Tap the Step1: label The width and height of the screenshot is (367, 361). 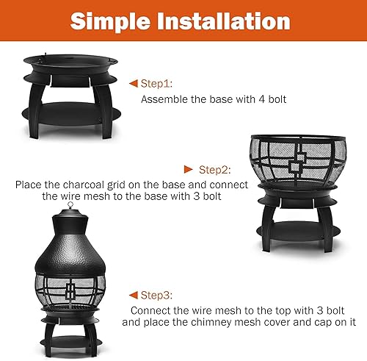158,82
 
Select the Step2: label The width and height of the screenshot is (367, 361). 217,168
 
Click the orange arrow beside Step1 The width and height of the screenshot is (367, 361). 133,82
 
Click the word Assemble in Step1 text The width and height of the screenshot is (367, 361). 162,99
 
